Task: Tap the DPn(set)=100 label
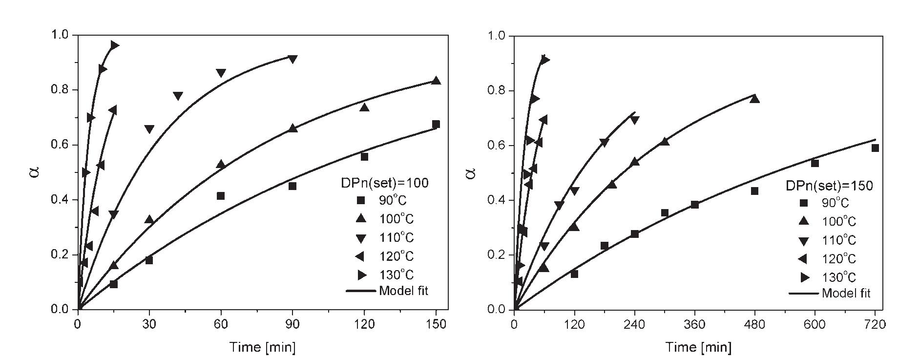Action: click(x=384, y=183)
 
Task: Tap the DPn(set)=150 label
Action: click(x=829, y=186)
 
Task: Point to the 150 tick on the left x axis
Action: click(x=436, y=323)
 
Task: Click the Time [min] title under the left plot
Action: click(x=263, y=347)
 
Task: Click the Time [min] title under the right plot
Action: click(x=698, y=347)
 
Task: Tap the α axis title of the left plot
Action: click(x=34, y=172)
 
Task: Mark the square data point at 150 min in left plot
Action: click(x=436, y=124)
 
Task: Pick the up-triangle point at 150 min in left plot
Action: click(x=436, y=81)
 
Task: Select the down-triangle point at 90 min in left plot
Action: click(x=292, y=59)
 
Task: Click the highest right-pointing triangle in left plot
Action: click(x=114, y=45)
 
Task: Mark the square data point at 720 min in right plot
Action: click(x=875, y=148)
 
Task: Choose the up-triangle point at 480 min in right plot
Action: click(x=754, y=99)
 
